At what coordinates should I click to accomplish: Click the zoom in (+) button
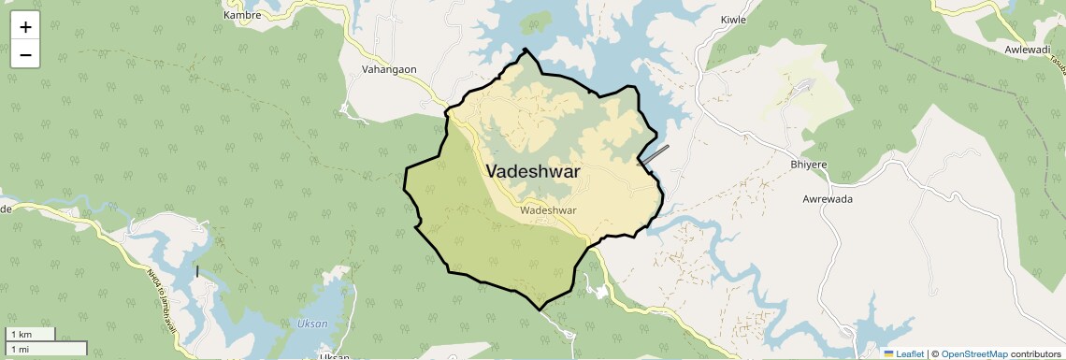pyautogui.click(x=25, y=27)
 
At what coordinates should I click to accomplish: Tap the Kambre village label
pyautogui.click(x=241, y=16)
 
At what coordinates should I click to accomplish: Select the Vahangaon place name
pyautogui.click(x=389, y=69)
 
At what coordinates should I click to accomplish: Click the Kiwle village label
pyautogui.click(x=735, y=20)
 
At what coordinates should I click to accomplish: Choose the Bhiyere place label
pyautogui.click(x=809, y=165)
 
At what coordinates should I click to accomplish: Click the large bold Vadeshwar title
pyautogui.click(x=533, y=172)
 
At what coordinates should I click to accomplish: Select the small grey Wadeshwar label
pyautogui.click(x=548, y=210)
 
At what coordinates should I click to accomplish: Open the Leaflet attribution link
pyautogui.click(x=907, y=353)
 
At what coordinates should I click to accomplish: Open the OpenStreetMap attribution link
pyautogui.click(x=973, y=353)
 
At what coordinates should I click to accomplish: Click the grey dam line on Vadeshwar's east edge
pyautogui.click(x=655, y=154)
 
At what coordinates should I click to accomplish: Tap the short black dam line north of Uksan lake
pyautogui.click(x=197, y=272)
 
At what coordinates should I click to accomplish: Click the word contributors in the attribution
pyautogui.click(x=1035, y=353)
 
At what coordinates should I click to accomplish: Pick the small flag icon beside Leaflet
pyautogui.click(x=889, y=353)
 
